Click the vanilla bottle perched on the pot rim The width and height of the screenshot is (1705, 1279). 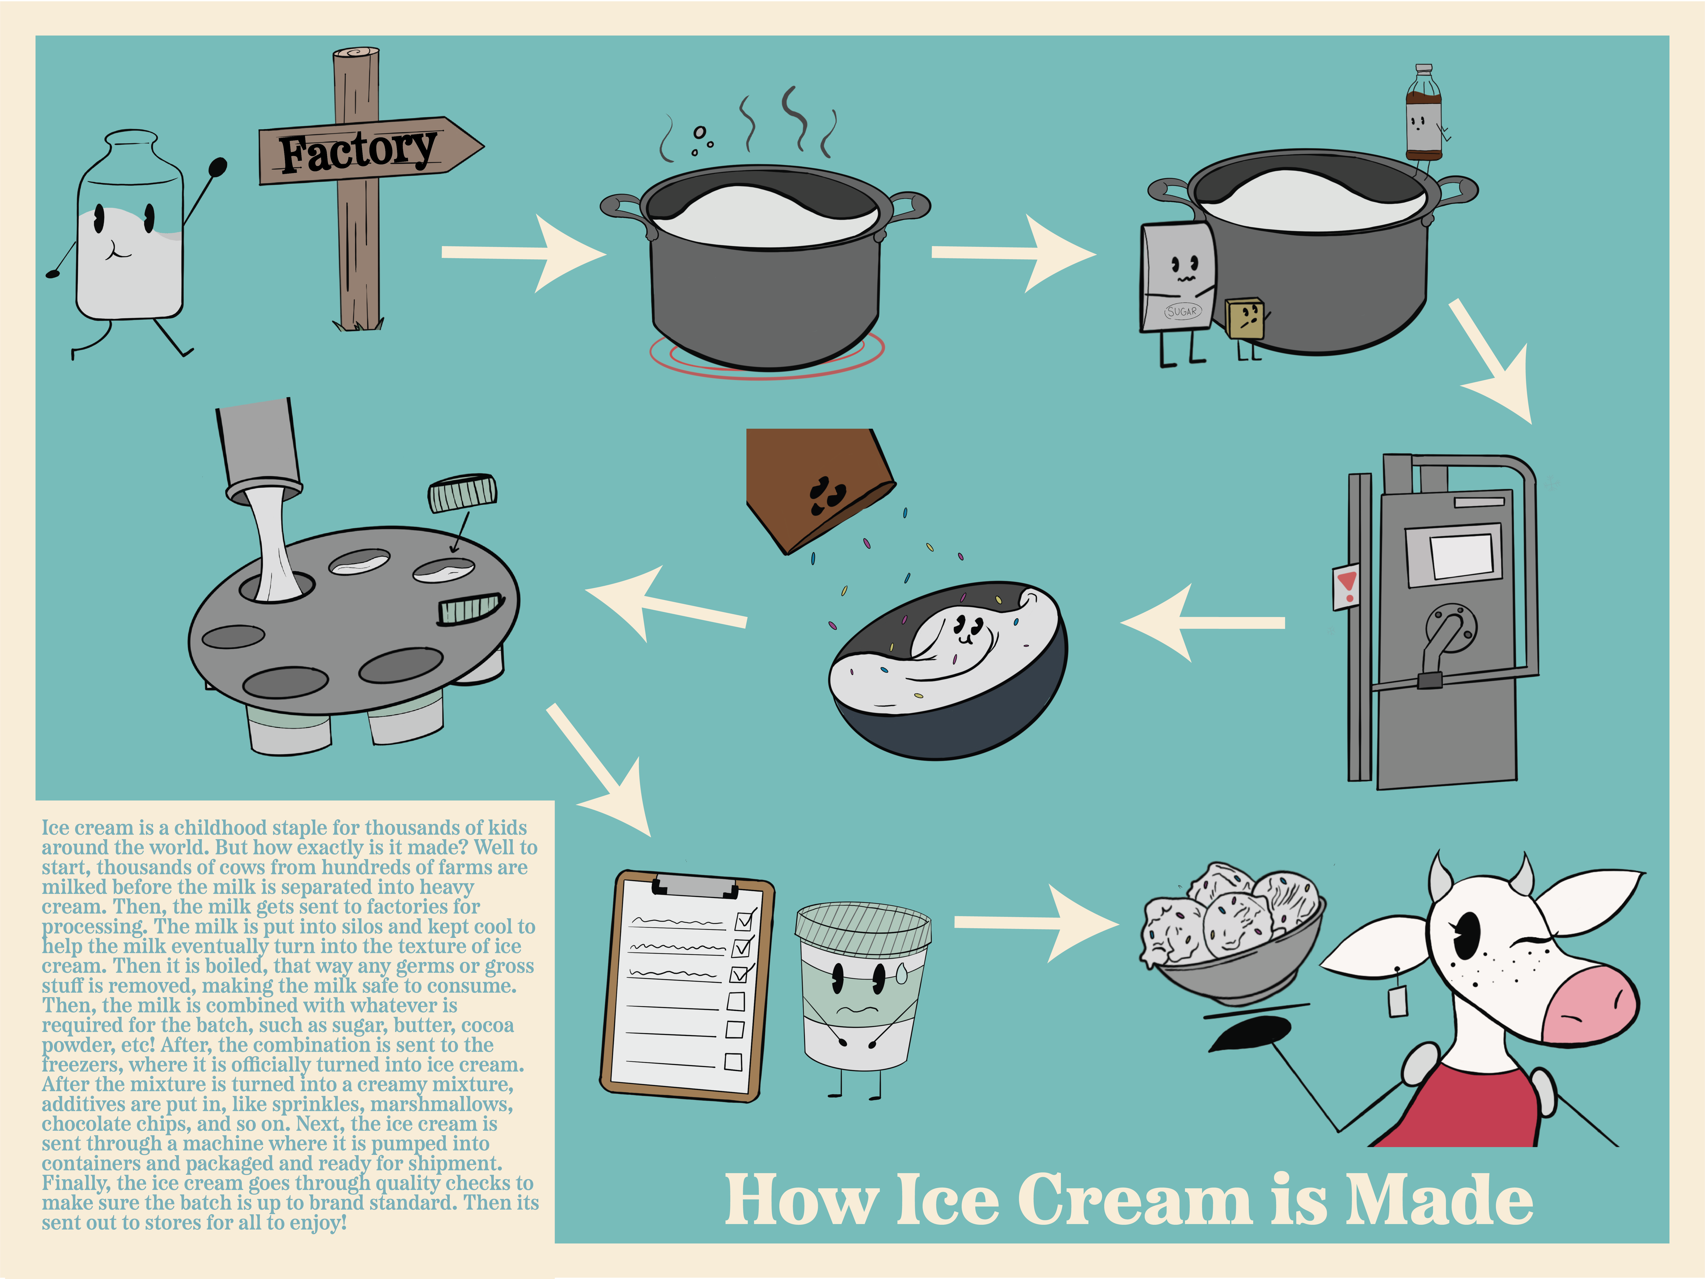[x=1423, y=116]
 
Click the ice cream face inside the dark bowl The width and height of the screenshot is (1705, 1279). [x=966, y=628]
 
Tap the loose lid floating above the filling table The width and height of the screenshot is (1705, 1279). [x=462, y=493]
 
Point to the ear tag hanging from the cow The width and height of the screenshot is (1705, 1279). [x=1397, y=1002]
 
